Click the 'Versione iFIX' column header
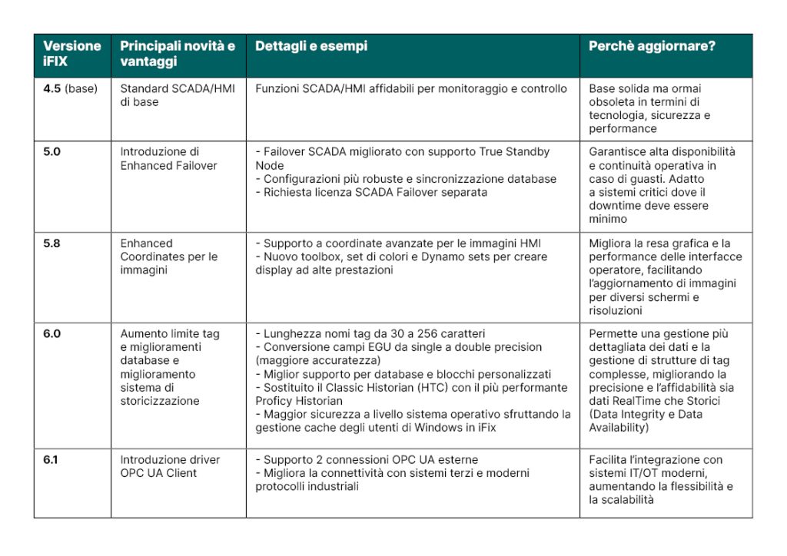pyautogui.click(x=71, y=53)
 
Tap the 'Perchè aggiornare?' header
pyautogui.click(x=652, y=46)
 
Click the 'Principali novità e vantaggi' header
pyautogui.click(x=178, y=53)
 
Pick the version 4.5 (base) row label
pyautogui.click(x=70, y=88)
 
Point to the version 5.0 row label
pyautogui.click(x=52, y=151)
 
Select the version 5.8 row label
pyautogui.click(x=52, y=243)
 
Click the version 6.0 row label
pyautogui.click(x=52, y=334)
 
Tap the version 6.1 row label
pyautogui.click(x=51, y=459)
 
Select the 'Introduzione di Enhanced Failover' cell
pyautogui.click(x=168, y=158)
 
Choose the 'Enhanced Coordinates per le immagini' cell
pyautogui.click(x=168, y=256)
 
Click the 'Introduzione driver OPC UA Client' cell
pyautogui.click(x=169, y=466)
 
